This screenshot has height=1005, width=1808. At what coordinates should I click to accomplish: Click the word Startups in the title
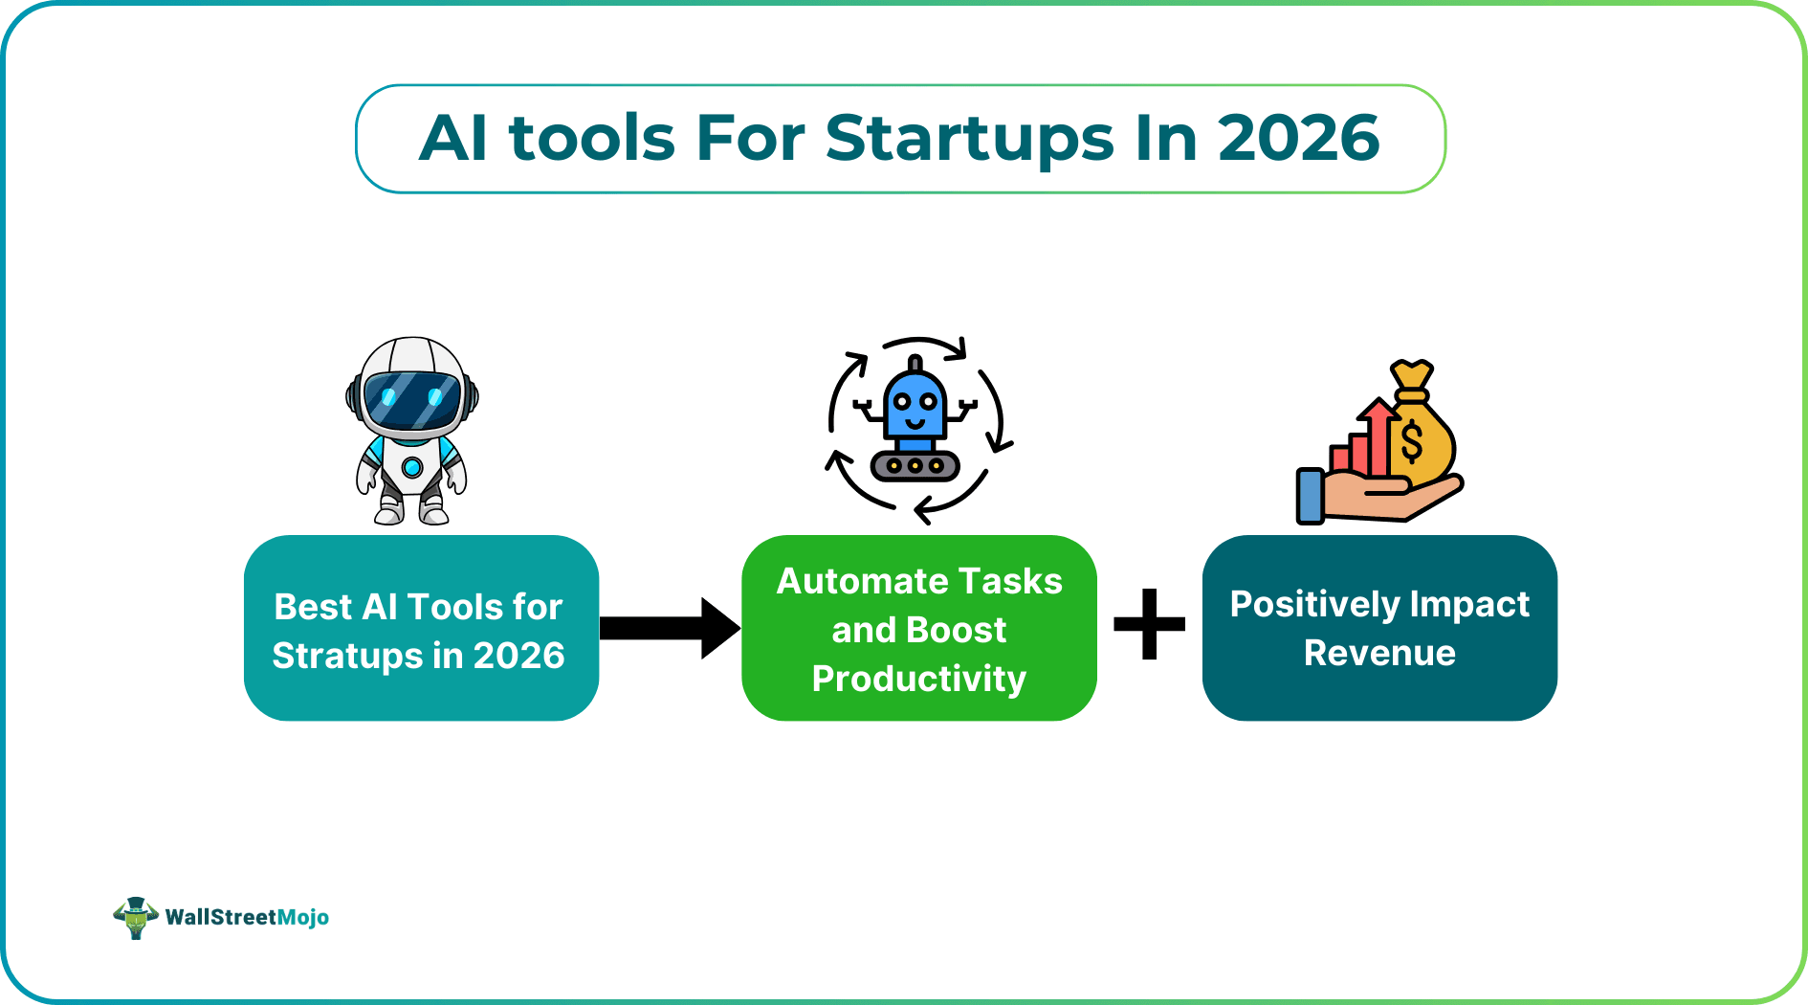point(969,140)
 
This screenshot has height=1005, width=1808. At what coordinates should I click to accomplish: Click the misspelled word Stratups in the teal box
point(347,656)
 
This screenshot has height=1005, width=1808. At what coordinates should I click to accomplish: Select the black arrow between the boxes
point(670,628)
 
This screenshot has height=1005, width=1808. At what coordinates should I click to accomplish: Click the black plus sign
point(1149,625)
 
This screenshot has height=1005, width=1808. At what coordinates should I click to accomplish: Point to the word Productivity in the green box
point(918,679)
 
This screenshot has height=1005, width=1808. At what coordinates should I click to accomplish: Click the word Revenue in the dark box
point(1378,653)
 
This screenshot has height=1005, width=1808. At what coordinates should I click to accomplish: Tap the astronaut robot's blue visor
point(412,400)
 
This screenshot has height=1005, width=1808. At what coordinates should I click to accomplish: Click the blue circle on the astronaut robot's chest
point(412,467)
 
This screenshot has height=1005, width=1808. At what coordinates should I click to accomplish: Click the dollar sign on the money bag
point(1411,443)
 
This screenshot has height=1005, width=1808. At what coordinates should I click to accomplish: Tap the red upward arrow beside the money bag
point(1378,435)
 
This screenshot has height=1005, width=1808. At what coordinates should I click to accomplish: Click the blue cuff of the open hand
point(1310,495)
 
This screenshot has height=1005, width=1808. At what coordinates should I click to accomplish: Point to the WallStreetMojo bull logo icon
point(136,918)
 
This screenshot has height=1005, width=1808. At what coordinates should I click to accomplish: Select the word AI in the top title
point(453,138)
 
